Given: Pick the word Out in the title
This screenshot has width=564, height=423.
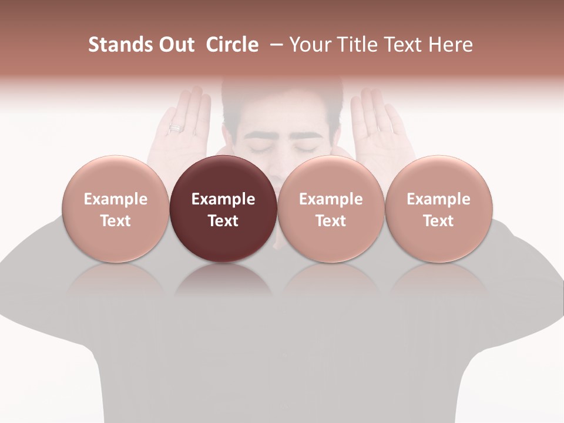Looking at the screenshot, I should coord(175,45).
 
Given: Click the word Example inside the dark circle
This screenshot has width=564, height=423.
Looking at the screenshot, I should coord(223,199).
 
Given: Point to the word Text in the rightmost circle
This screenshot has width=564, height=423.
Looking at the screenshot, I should coord(438,221).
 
